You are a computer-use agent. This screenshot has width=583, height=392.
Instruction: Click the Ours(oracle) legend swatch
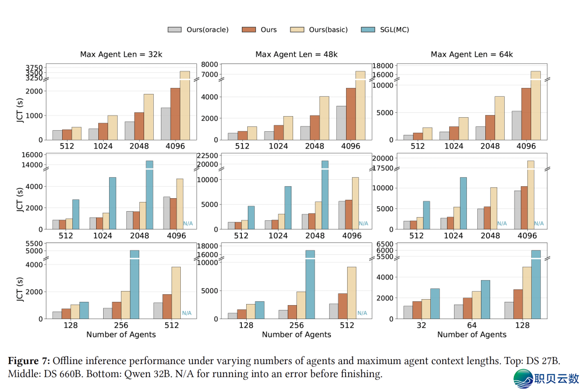click(x=174, y=30)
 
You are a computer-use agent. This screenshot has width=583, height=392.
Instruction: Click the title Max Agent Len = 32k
click(x=121, y=54)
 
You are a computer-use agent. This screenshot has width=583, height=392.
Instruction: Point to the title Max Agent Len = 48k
click(x=296, y=54)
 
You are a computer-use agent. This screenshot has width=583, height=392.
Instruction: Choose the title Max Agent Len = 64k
click(x=472, y=54)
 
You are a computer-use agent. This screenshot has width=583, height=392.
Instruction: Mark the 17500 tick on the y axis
click(x=382, y=168)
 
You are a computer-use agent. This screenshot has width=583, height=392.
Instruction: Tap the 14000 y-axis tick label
click(x=31, y=165)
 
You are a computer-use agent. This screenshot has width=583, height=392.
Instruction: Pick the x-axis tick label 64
click(x=472, y=326)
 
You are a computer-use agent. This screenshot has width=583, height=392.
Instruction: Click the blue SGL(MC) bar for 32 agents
click(x=435, y=303)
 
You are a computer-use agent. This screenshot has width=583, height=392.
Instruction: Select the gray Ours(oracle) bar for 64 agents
click(x=458, y=312)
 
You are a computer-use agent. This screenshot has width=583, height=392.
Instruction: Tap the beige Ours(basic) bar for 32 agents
click(x=426, y=309)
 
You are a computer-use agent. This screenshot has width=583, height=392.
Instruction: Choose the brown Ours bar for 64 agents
click(x=467, y=308)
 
